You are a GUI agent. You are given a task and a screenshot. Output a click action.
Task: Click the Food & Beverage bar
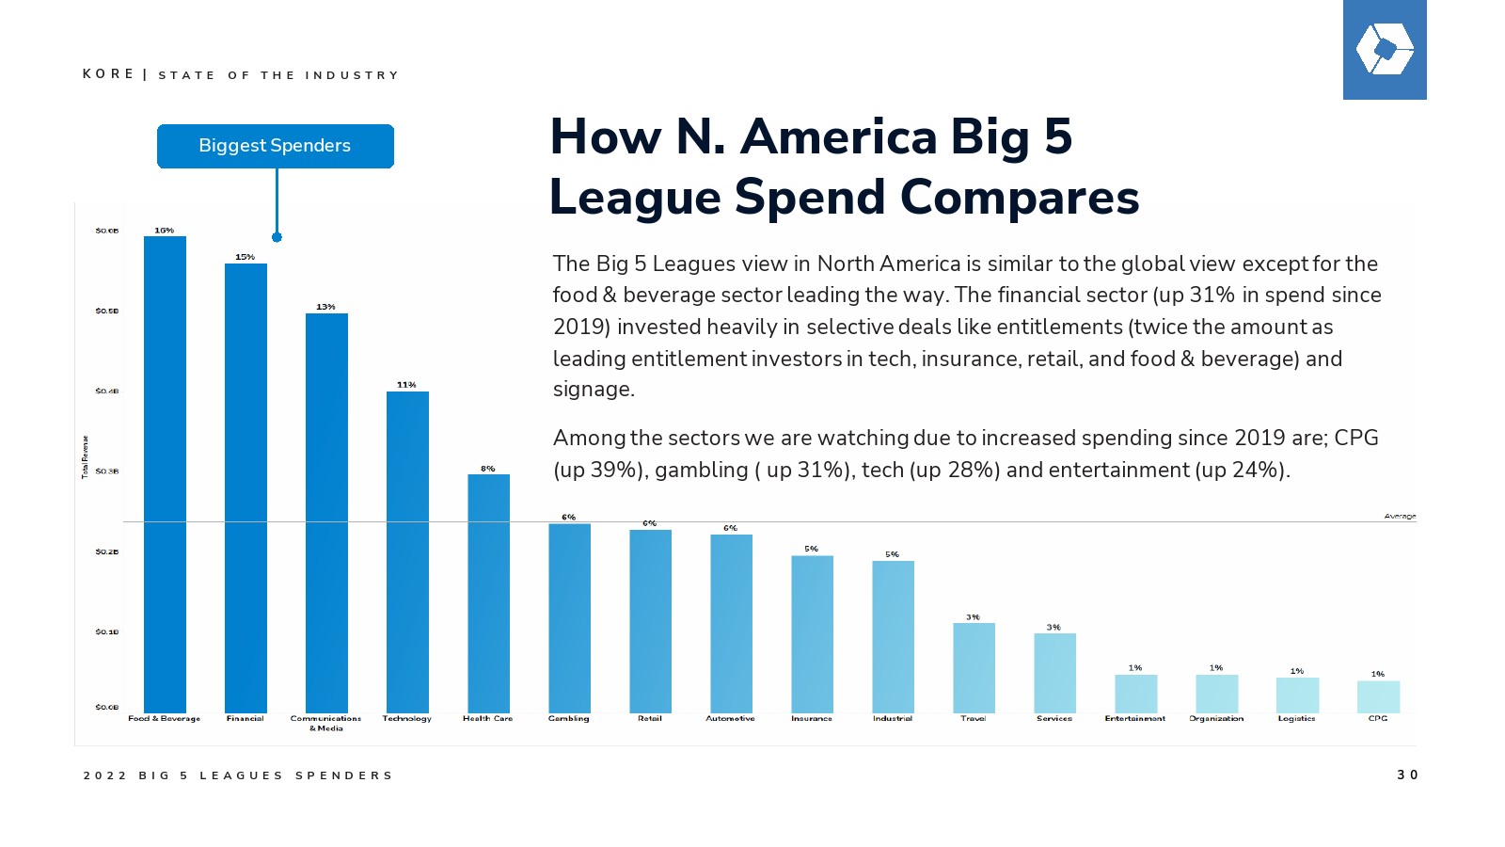pos(165,474)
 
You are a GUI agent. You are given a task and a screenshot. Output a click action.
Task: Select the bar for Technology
pos(407,551)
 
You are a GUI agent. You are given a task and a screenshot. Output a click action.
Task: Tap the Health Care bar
pos(488,593)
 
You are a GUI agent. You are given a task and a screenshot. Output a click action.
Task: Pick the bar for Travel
pos(974,667)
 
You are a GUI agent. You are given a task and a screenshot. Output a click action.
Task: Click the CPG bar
pos(1378,696)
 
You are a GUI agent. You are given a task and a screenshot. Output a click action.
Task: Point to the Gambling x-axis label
pos(568,719)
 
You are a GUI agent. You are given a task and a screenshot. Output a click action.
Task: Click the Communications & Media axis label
pos(325,723)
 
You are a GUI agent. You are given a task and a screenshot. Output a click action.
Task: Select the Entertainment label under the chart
pos(1134,719)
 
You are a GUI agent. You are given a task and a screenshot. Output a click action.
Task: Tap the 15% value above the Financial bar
pos(245,257)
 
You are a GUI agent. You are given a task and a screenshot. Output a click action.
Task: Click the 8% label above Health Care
pos(487,469)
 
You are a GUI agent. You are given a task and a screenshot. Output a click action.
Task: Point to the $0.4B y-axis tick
pos(106,392)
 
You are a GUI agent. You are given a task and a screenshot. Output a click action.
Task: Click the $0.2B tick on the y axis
pos(106,552)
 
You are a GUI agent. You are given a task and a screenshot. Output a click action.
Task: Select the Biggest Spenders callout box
pos(275,146)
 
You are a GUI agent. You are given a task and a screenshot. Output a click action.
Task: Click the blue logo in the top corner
pos(1384,50)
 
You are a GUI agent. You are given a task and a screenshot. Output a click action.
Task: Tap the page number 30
pos(1407,775)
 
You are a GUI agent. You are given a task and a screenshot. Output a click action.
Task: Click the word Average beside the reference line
pos(1400,517)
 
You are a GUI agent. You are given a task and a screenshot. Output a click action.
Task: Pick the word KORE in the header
pos(108,74)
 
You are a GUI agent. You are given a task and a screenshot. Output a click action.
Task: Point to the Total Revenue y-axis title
pos(85,457)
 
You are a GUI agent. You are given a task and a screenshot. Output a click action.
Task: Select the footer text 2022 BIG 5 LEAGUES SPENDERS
pos(238,776)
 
